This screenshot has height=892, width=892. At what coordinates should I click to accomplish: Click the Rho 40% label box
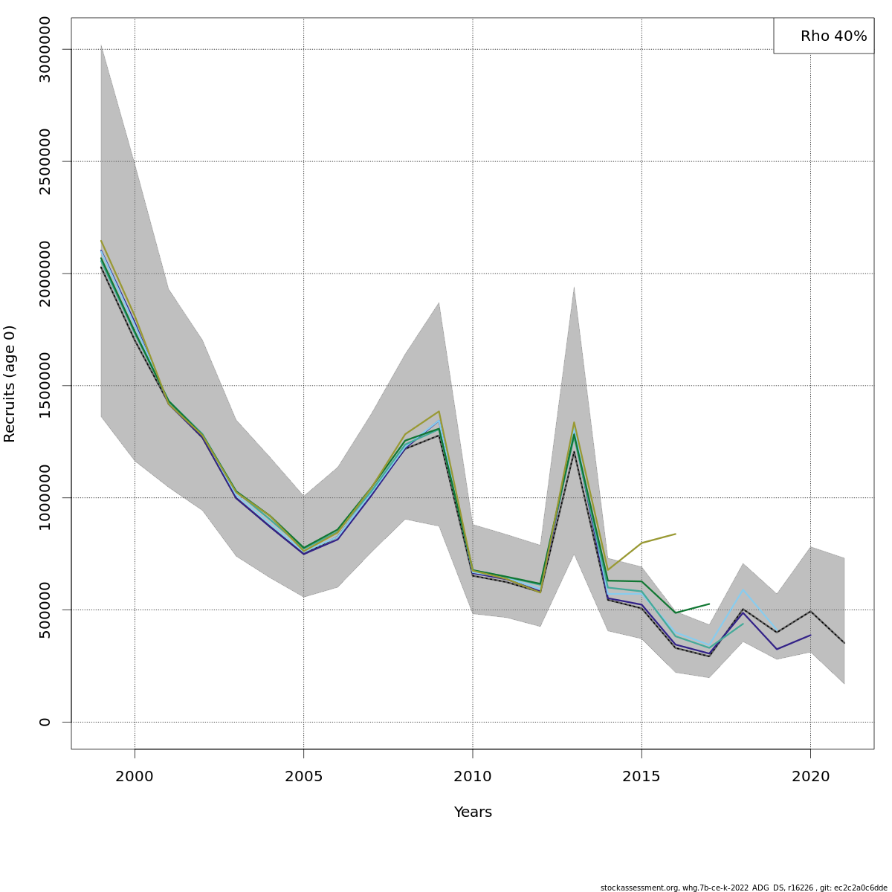[x=824, y=36]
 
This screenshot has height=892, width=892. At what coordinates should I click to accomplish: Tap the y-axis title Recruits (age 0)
[x=10, y=384]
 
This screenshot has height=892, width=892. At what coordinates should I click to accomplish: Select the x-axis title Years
[x=473, y=812]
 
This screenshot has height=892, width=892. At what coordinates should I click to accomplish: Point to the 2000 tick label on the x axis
[x=135, y=777]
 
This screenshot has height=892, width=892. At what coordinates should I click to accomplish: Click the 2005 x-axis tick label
[x=303, y=777]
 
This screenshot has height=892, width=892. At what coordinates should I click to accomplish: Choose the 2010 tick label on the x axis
[x=473, y=777]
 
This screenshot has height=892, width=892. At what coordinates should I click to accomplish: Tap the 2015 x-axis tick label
[x=641, y=777]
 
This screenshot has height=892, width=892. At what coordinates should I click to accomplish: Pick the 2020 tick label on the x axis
[x=810, y=777]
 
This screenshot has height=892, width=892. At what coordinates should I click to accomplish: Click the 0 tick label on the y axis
[x=45, y=722]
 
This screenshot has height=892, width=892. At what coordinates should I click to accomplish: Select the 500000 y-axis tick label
[x=45, y=610]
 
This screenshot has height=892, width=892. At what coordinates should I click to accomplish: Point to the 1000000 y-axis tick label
[x=45, y=497]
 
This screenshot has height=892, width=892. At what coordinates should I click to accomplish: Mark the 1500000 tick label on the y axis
[x=45, y=385]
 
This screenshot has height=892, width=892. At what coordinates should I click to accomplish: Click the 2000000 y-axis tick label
[x=45, y=273]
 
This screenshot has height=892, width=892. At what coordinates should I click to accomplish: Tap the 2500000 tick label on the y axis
[x=45, y=161]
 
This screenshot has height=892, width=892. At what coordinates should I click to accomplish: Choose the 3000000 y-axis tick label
[x=45, y=49]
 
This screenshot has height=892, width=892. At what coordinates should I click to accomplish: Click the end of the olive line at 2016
[x=675, y=534]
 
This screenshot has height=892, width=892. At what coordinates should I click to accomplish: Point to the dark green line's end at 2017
[x=709, y=604]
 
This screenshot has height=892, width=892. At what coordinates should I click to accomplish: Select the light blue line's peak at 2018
[x=743, y=590]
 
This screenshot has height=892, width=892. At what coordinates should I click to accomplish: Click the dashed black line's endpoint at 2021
[x=844, y=643]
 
